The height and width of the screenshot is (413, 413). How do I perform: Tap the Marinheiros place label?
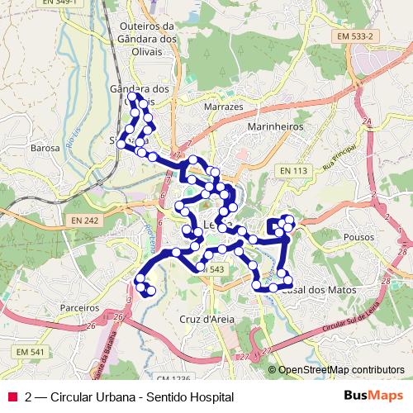[276, 127]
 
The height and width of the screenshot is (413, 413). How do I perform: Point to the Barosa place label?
[45, 149]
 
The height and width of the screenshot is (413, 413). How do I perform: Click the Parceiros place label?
[80, 306]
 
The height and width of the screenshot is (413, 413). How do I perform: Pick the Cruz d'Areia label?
[202, 318]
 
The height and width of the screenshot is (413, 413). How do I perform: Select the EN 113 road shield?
[293, 171]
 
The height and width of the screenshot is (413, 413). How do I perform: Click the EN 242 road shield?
[84, 221]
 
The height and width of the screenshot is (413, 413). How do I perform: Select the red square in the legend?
[12, 397]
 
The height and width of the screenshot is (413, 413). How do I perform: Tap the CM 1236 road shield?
[171, 378]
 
